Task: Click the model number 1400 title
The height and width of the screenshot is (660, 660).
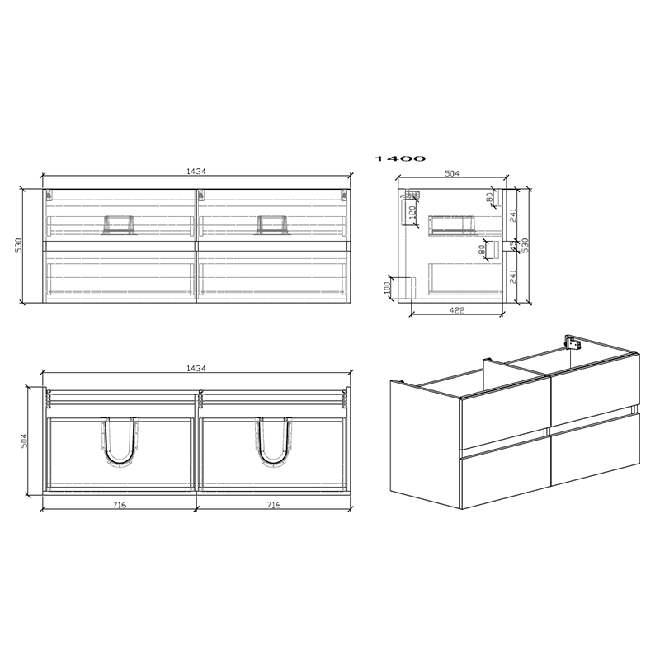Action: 400,158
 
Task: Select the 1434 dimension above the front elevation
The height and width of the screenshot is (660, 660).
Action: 196,172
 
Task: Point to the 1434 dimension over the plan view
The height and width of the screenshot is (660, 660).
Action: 196,368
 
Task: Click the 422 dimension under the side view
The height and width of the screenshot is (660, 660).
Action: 456,310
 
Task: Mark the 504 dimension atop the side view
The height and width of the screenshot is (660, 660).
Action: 451,174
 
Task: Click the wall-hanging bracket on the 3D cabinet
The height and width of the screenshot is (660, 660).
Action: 569,341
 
